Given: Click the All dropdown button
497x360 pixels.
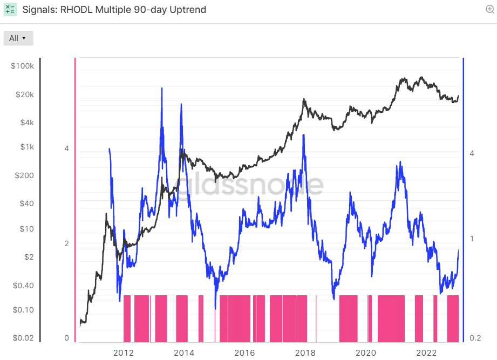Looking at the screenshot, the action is pyautogui.click(x=18, y=38).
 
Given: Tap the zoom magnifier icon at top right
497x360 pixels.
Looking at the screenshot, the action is pyautogui.click(x=489, y=9).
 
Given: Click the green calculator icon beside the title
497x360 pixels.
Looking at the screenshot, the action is pyautogui.click(x=10, y=9).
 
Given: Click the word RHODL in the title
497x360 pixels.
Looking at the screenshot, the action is pyautogui.click(x=77, y=10).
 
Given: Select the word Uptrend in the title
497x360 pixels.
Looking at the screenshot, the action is pyautogui.click(x=188, y=10).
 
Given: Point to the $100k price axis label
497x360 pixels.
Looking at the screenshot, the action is pyautogui.click(x=22, y=66).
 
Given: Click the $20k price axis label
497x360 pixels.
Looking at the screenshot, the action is pyautogui.click(x=25, y=94).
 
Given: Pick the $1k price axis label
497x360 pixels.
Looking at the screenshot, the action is pyautogui.click(x=27, y=147).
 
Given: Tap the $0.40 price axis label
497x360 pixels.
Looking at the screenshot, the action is pyautogui.click(x=23, y=286).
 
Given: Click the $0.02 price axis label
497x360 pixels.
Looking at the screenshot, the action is pyautogui.click(x=23, y=338).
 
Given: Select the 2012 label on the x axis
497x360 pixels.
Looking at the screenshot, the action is pyautogui.click(x=123, y=352).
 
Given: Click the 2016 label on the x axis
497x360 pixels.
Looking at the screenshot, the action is pyautogui.click(x=244, y=352).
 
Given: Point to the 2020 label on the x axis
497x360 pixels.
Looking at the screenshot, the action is pyautogui.click(x=366, y=352).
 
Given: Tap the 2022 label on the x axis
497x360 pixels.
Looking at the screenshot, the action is pyautogui.click(x=426, y=352).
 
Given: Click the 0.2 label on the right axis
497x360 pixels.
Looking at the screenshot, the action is pyautogui.click(x=475, y=338).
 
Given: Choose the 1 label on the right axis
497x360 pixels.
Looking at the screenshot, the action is pyautogui.click(x=472, y=239).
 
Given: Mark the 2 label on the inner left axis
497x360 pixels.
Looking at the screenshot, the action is pyautogui.click(x=66, y=243).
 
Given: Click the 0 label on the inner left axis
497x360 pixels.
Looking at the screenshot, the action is pyautogui.click(x=66, y=338).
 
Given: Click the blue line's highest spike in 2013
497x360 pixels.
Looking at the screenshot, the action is pyautogui.click(x=162, y=88).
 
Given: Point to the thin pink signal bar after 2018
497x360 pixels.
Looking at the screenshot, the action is pyautogui.click(x=316, y=318).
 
